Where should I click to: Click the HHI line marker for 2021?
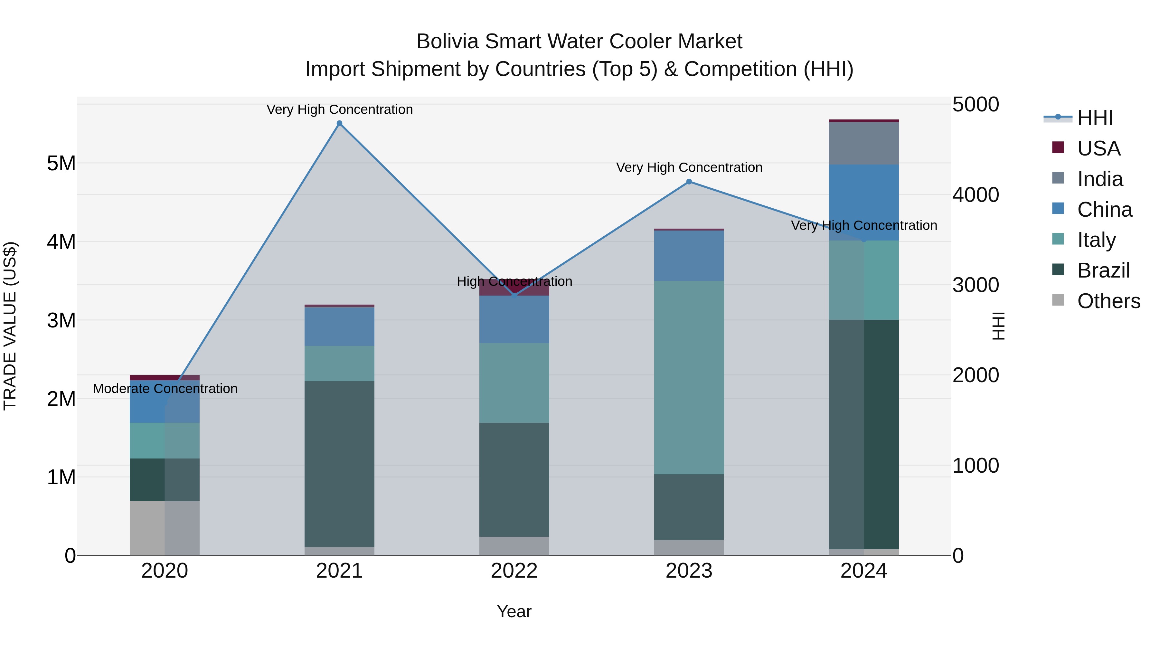click(x=339, y=123)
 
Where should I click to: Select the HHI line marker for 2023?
click(x=689, y=182)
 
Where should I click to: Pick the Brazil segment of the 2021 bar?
click(x=339, y=463)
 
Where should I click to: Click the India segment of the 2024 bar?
click(x=863, y=143)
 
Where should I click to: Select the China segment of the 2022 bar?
click(x=514, y=319)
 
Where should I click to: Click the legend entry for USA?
click(x=1098, y=148)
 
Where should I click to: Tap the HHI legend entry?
click(x=1094, y=118)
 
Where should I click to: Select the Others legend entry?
click(x=1108, y=301)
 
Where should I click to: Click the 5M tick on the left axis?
click(x=61, y=163)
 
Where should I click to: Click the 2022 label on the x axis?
click(x=514, y=571)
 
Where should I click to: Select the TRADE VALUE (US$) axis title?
click(x=10, y=326)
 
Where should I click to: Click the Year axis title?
click(x=514, y=611)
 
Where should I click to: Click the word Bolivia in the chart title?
click(x=447, y=42)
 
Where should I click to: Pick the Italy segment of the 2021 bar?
click(x=339, y=363)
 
